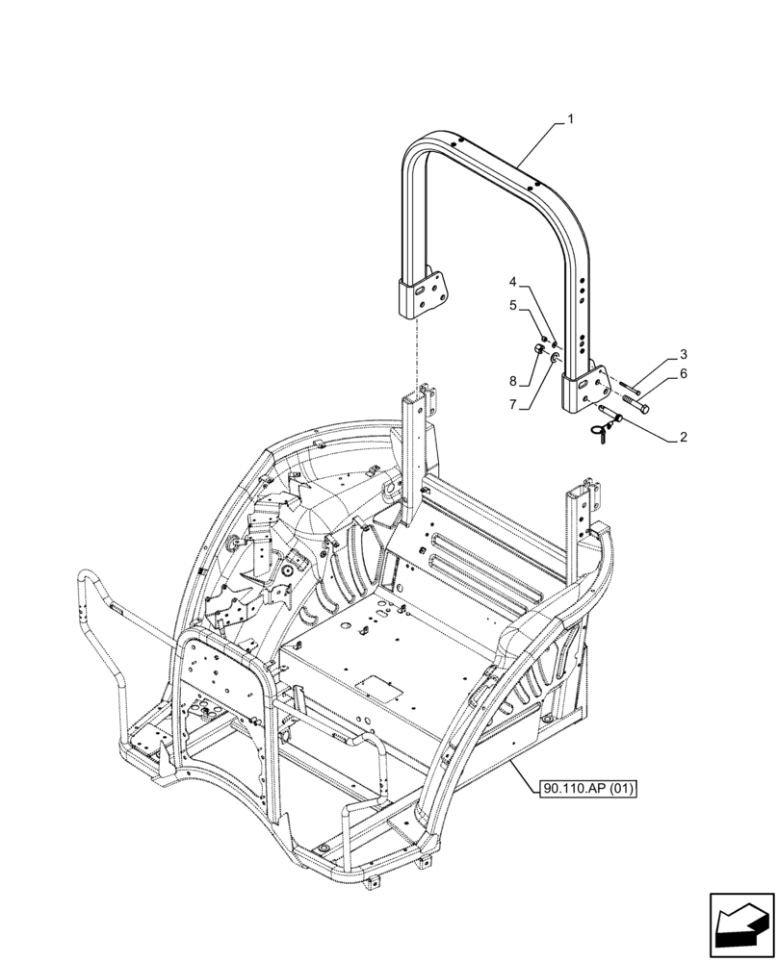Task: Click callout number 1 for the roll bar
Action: (x=571, y=120)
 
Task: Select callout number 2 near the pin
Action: (x=683, y=437)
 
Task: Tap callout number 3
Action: (x=683, y=354)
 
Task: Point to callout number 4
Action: (x=513, y=283)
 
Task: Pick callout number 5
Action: (x=513, y=306)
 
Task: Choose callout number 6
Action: (x=683, y=373)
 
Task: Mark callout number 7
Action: (x=513, y=405)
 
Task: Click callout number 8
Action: (x=513, y=380)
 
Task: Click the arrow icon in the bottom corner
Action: (x=740, y=921)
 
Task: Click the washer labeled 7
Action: (x=556, y=359)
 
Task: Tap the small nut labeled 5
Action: (x=545, y=338)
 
